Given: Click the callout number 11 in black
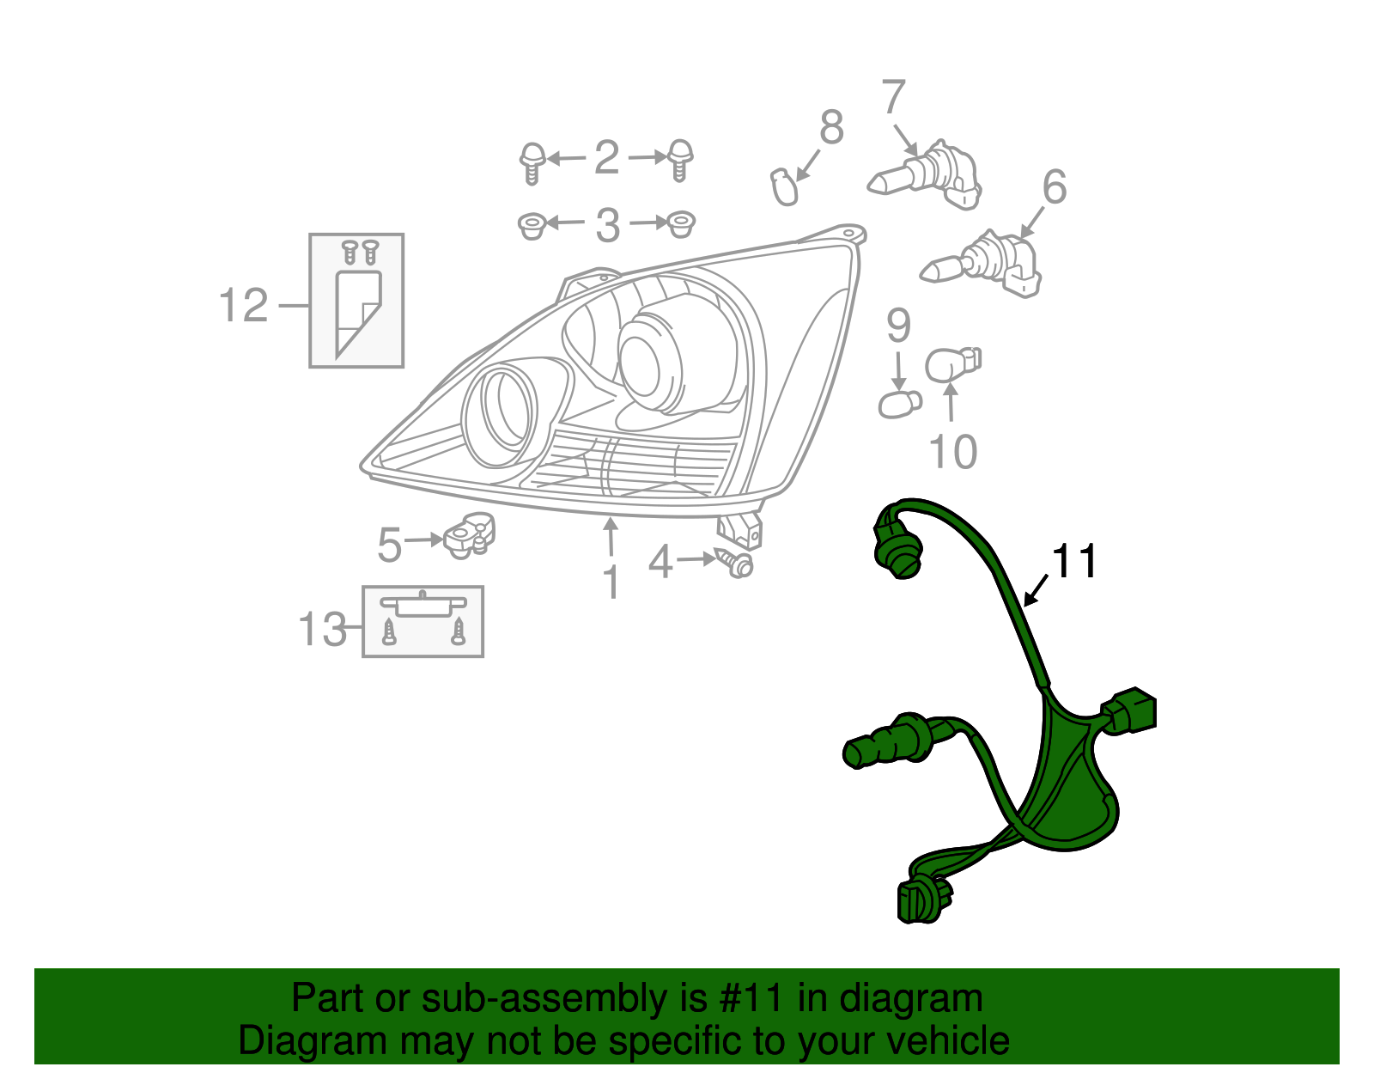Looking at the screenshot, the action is (1074, 562).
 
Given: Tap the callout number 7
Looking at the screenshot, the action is (893, 97).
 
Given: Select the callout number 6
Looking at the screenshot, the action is (1054, 187).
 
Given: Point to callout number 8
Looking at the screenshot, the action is (830, 127).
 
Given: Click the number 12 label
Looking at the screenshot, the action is (244, 306).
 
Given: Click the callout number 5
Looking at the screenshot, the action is (390, 545).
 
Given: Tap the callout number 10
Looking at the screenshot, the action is (953, 452).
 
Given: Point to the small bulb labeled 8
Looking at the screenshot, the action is (783, 187).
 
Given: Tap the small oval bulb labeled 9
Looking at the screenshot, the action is (899, 403).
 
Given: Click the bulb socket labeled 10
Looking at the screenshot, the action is (952, 365).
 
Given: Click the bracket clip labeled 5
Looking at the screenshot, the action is (470, 534).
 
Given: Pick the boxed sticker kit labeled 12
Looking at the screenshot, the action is (356, 301).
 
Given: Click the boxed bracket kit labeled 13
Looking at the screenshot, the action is (423, 622).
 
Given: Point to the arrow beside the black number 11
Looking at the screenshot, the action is (1036, 590).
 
